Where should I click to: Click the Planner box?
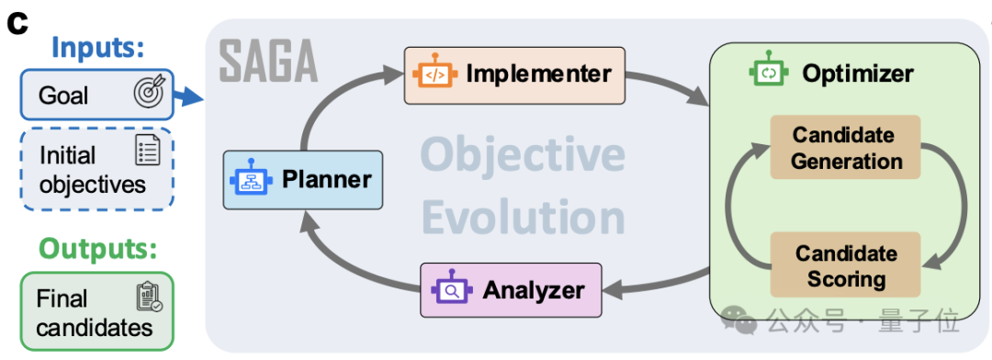click(x=303, y=180)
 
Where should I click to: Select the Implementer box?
click(x=514, y=75)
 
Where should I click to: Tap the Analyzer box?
click(x=512, y=290)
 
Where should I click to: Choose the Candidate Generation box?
click(x=845, y=147)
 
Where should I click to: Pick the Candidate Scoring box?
click(x=845, y=265)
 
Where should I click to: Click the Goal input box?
click(x=96, y=95)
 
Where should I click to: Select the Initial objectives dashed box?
click(x=96, y=169)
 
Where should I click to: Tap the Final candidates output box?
click(x=96, y=311)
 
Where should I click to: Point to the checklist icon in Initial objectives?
click(x=148, y=152)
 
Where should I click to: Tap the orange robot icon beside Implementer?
click(x=434, y=73)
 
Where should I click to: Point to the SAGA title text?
click(x=267, y=62)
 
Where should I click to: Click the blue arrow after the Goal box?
click(x=188, y=96)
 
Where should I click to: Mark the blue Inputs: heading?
click(x=98, y=47)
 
